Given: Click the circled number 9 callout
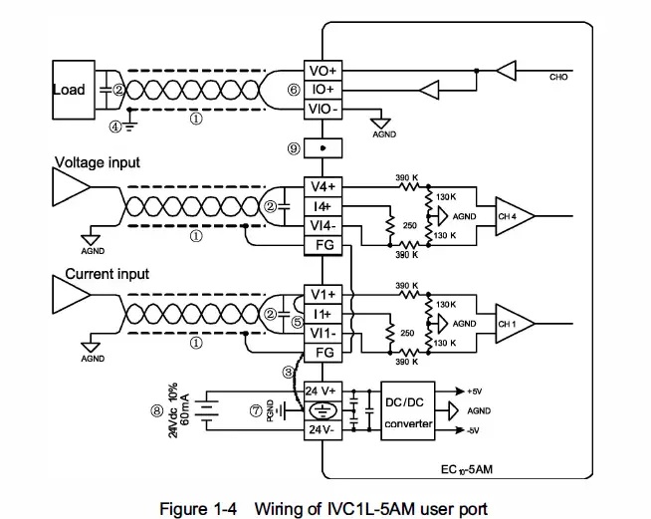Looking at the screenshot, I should [x=294, y=147].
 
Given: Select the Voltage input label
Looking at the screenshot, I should [x=97, y=162].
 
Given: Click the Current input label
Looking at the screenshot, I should [x=107, y=273].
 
